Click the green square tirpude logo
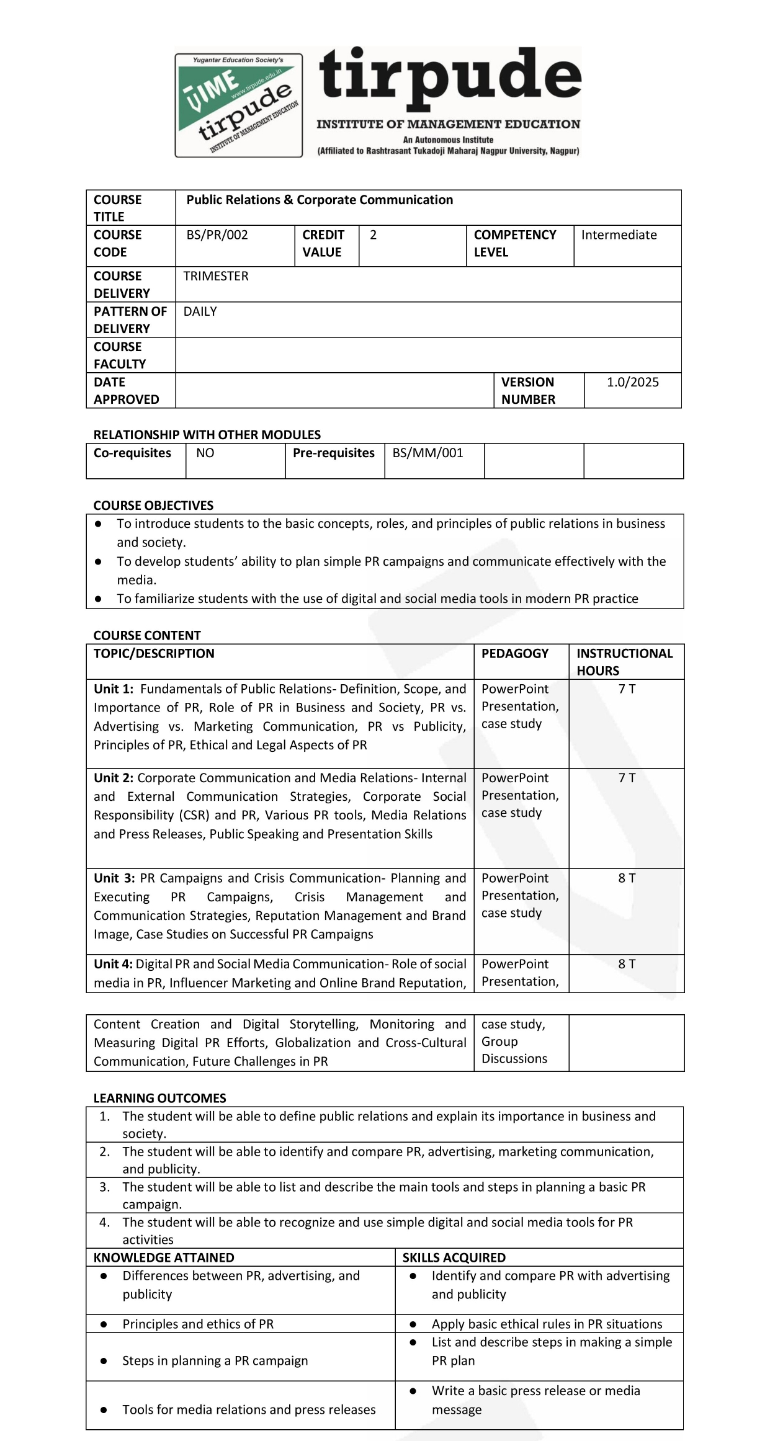pos(239,105)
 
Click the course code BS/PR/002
pos(217,235)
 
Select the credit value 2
pos(373,235)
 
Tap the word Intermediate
pos(619,235)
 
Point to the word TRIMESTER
pos(216,276)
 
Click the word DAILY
pos(200,311)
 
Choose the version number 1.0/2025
pos(632,382)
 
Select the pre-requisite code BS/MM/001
pos(428,453)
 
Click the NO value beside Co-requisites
pos(205,453)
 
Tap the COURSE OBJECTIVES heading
pos(153,506)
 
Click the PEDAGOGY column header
pos(514,653)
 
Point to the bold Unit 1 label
pos(113,689)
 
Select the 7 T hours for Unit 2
pos(627,778)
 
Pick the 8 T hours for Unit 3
pos(627,878)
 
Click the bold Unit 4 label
pos(113,964)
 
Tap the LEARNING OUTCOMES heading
pos(159,1098)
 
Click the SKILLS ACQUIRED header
pos(454,1257)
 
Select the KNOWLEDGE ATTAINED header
pos(164,1257)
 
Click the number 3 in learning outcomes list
pos(104,1187)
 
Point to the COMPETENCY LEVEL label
pos(514,243)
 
